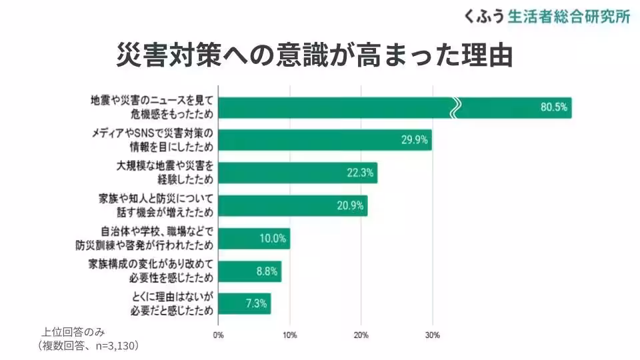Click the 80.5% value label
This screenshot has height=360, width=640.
pyautogui.click(x=554, y=108)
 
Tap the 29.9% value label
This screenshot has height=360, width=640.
pyautogui.click(x=414, y=140)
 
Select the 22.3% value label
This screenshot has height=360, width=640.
pyautogui.click(x=360, y=173)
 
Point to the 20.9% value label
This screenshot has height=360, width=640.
pyautogui.click(x=350, y=205)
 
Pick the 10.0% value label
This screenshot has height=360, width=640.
pyautogui.click(x=273, y=238)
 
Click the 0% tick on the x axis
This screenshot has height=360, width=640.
pyautogui.click(x=218, y=335)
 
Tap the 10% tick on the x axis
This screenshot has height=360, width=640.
pyautogui.click(x=290, y=335)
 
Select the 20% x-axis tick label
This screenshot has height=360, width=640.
pyautogui.click(x=361, y=335)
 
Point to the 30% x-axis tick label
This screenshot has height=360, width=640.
pyautogui.click(x=432, y=335)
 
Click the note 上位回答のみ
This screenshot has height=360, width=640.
pyautogui.click(x=73, y=332)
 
